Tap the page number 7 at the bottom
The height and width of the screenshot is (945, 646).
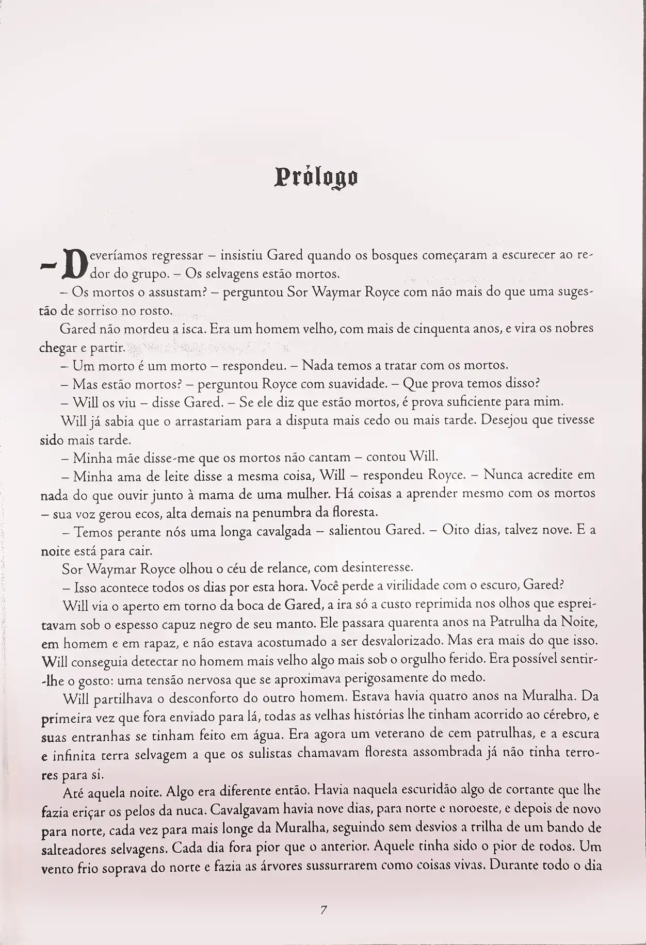(323, 910)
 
